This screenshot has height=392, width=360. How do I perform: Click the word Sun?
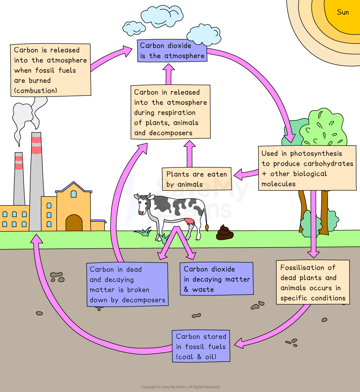click(x=343, y=12)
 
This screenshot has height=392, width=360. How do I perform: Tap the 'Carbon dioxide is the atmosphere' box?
click(x=172, y=51)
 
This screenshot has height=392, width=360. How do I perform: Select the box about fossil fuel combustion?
click(x=50, y=70)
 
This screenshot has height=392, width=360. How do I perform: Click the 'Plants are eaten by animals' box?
click(x=196, y=179)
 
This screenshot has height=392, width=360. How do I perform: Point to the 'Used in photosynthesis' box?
click(x=307, y=168)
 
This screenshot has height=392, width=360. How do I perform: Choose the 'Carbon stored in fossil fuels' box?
click(x=201, y=346)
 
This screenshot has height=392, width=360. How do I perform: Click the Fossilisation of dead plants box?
click(x=313, y=282)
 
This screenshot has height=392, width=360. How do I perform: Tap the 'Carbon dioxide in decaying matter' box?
click(x=216, y=279)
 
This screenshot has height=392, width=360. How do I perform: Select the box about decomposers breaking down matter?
click(x=127, y=284)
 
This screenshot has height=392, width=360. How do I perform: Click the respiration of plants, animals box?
click(x=170, y=112)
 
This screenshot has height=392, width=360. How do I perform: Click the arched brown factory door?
click(x=74, y=223)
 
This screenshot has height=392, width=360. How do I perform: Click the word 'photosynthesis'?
click(x=316, y=153)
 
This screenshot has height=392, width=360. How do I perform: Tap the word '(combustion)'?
click(x=35, y=91)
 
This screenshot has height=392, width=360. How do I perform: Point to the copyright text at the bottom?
click(x=180, y=387)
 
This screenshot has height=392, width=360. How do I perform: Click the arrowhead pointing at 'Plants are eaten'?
click(x=238, y=175)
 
